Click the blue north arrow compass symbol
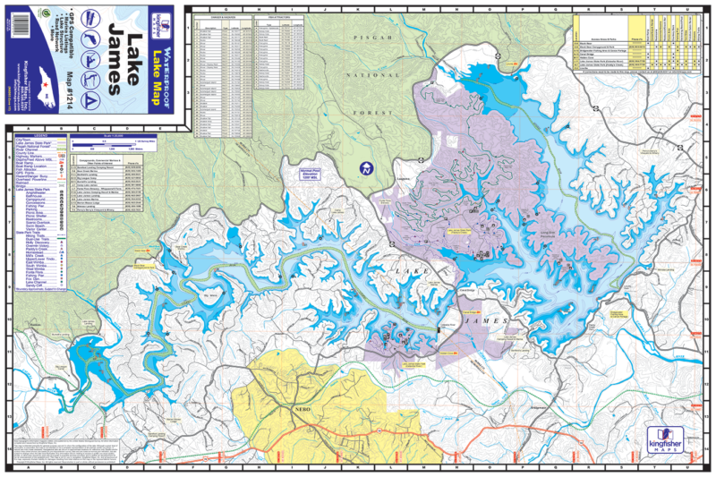(365, 168)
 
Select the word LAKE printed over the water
(419, 269)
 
